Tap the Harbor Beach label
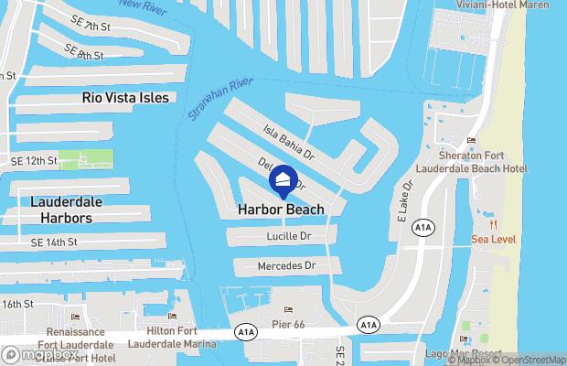tap(281, 210)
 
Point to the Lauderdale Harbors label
tap(66, 210)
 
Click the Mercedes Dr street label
tap(285, 265)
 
